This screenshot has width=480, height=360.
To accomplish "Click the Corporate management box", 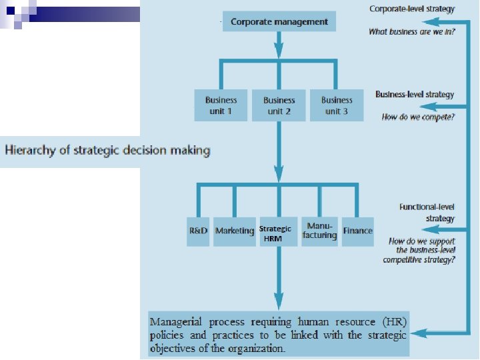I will click(279, 22).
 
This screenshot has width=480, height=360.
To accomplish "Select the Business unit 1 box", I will click(221, 105).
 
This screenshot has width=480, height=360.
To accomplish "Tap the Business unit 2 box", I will click(279, 105).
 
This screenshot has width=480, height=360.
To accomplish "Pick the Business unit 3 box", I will click(337, 105).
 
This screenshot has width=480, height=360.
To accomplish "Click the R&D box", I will click(198, 231).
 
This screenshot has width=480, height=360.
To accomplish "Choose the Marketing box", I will click(234, 231).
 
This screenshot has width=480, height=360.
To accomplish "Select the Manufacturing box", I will click(319, 231).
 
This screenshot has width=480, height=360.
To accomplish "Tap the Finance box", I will click(358, 231).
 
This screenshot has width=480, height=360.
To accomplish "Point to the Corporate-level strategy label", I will click(412, 9).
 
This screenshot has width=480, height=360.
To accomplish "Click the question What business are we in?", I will click(412, 31).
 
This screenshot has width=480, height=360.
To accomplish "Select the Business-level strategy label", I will click(415, 95).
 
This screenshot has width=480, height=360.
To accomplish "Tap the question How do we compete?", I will click(418, 117).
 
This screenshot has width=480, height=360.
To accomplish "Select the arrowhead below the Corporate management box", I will click(279, 49).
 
